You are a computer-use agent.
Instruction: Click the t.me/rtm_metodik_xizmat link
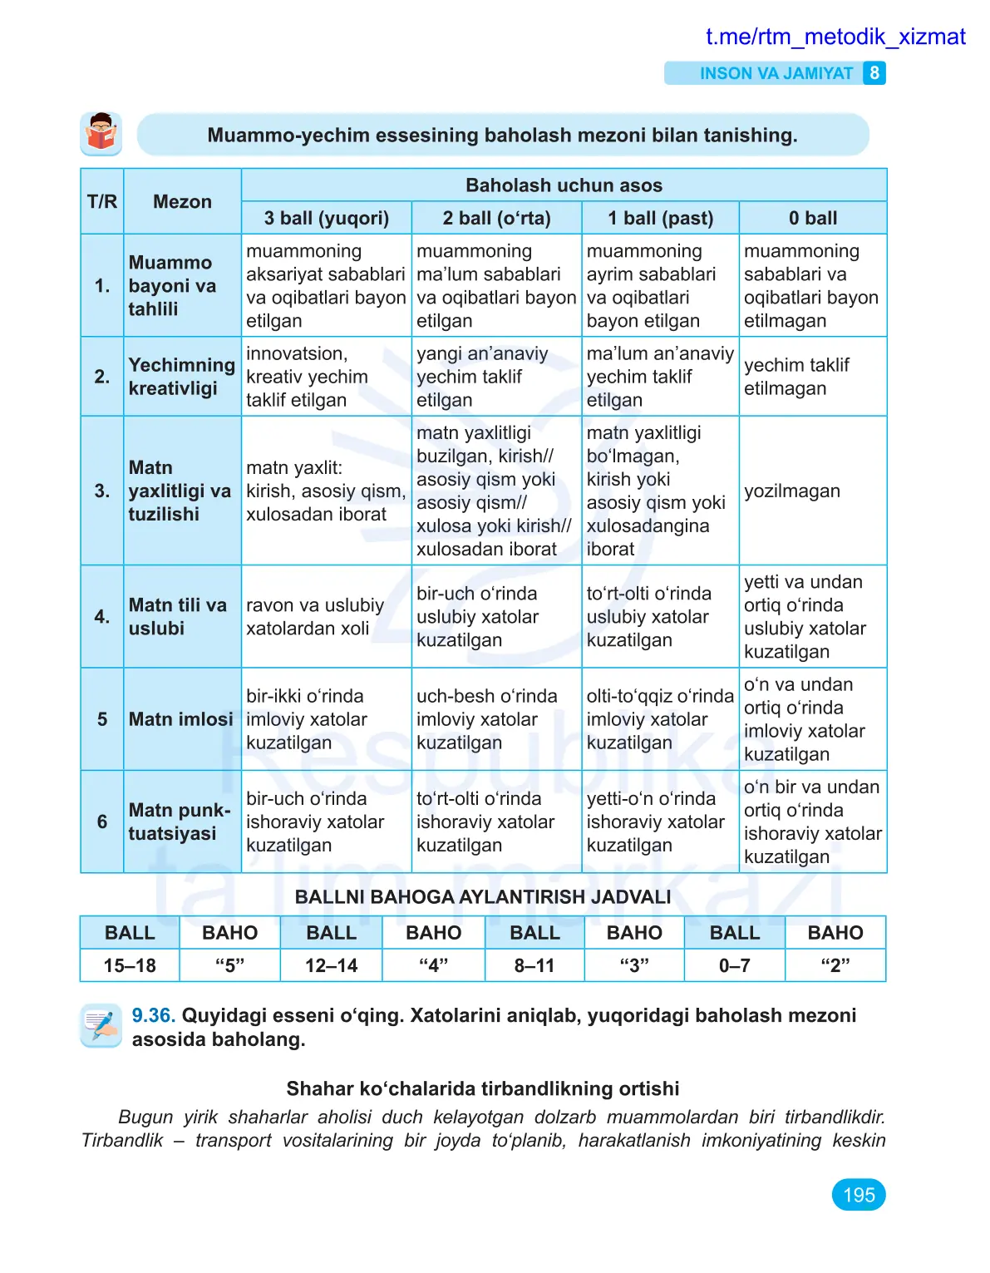(835, 37)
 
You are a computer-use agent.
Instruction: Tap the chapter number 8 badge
(874, 73)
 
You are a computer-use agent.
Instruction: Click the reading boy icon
(101, 134)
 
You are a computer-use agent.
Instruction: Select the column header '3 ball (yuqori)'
(326, 218)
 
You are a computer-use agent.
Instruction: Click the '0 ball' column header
(812, 218)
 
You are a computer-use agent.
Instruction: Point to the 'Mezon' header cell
(182, 201)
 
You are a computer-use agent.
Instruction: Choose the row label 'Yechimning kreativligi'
(181, 377)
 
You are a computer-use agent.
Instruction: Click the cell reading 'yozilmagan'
(791, 491)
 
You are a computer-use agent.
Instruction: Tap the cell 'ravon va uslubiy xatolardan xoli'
(315, 617)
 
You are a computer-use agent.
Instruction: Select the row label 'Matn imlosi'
(180, 719)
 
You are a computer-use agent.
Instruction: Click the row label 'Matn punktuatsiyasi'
(179, 822)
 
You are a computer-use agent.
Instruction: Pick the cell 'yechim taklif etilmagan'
(796, 377)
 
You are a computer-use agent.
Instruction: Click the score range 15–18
(130, 965)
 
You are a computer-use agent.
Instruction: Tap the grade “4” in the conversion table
(433, 965)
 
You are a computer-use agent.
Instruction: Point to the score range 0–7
(734, 965)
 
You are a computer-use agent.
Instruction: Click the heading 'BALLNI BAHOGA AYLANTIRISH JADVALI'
(483, 897)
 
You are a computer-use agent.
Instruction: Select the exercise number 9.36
(153, 1015)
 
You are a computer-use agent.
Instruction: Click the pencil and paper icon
(101, 1025)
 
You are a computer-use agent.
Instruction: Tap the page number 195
(859, 1195)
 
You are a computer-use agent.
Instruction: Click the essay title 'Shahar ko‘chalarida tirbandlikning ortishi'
(483, 1088)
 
